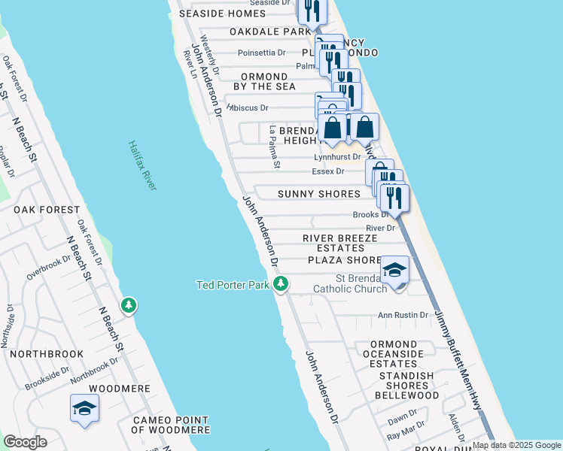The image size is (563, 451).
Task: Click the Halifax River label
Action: coord(142,165)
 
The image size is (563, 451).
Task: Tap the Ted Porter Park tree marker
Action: coord(281,284)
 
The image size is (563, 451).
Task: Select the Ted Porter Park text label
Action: coord(233,285)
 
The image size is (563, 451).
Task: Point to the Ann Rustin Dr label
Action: coord(403,315)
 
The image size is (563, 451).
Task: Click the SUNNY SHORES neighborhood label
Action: coord(319,194)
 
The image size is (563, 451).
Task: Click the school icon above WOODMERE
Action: coord(84,409)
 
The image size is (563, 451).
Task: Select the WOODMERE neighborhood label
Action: coord(115,389)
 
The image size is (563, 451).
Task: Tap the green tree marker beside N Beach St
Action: coord(129,305)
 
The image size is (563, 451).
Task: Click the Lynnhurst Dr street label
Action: coord(336,157)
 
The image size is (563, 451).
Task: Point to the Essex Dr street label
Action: coord(327,171)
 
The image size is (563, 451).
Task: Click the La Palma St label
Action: coord(275,147)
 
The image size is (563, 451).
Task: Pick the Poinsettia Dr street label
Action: coord(261,53)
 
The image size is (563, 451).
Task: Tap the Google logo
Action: coord(25,441)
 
